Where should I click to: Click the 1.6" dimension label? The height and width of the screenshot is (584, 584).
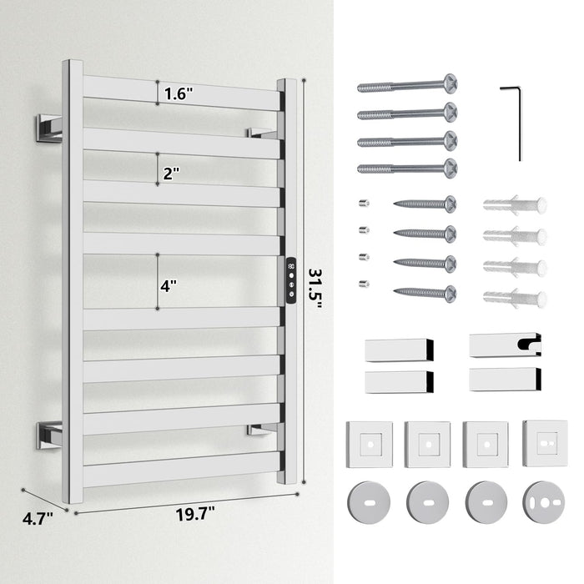pyautogui.click(x=179, y=93)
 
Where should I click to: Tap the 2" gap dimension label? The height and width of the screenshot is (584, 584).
pyautogui.click(x=171, y=174)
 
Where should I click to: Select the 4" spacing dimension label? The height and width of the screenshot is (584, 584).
pyautogui.click(x=169, y=286)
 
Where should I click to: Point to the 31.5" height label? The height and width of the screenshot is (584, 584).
pyautogui.click(x=315, y=289)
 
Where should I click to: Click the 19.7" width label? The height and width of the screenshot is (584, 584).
pyautogui.click(x=195, y=515)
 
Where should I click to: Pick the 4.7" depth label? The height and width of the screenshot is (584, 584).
pyautogui.click(x=38, y=518)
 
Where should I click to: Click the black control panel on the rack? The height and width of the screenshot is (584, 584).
pyautogui.click(x=291, y=280)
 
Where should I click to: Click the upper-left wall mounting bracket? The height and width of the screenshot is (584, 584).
pyautogui.click(x=48, y=128)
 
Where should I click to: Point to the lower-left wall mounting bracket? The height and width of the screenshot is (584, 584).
pyautogui.click(x=48, y=435)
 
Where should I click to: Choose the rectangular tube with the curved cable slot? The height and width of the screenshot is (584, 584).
pyautogui.click(x=505, y=345)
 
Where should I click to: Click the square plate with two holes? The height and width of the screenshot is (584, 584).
pyautogui.click(x=545, y=444)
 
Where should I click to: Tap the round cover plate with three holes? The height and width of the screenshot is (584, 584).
pyautogui.click(x=543, y=502)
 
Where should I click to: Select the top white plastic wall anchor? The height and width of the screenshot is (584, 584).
pyautogui.click(x=515, y=205)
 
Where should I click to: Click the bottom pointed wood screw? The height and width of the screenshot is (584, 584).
pyautogui.click(x=425, y=294)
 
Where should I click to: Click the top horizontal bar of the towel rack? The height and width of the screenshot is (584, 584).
pyautogui.click(x=181, y=93)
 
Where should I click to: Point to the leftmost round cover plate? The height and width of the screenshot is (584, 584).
pyautogui.click(x=369, y=502)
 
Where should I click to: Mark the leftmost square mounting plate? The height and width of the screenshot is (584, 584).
pyautogui.click(x=369, y=445)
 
